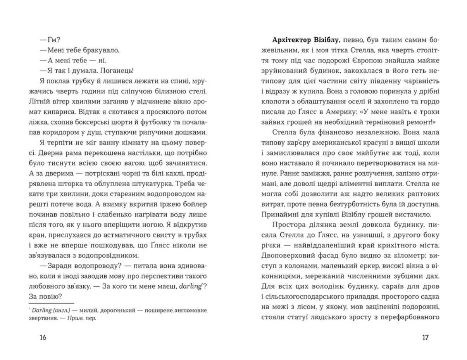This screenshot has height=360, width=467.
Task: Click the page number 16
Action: tap(43, 337)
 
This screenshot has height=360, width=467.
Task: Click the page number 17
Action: tap(425, 337)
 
